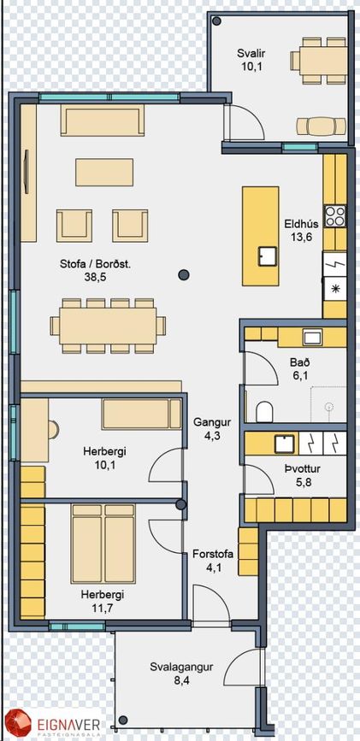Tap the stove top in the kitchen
click(335, 216)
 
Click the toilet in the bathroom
click(264, 412)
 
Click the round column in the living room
click(184, 274)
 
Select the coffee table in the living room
click(104, 172)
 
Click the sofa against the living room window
click(102, 120)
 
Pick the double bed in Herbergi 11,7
click(103, 544)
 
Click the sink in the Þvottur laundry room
click(284, 444)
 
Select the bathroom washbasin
click(312, 338)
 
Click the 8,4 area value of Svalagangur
click(181, 681)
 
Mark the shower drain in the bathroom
click(329, 407)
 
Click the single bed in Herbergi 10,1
click(141, 415)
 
